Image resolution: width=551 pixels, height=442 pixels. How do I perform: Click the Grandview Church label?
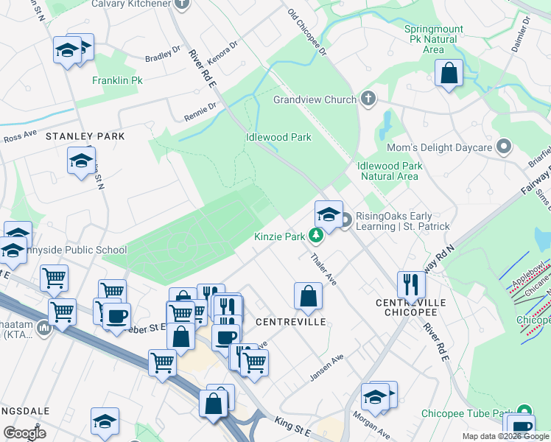[x=315, y=99]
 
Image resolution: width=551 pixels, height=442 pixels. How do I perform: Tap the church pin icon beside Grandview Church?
[x=368, y=99]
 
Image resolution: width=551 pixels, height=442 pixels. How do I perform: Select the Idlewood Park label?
[x=278, y=137]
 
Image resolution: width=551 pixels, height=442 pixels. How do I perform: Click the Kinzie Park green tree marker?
[x=316, y=236]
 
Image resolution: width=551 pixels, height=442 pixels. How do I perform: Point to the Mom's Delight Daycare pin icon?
[x=505, y=147]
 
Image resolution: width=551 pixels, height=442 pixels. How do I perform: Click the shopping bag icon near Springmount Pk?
[x=448, y=73]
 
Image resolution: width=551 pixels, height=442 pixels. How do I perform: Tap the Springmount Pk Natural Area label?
[x=434, y=39]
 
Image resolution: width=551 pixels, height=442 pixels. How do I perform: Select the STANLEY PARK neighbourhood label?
[x=85, y=137]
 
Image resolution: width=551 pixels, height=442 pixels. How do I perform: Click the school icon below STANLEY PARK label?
[x=81, y=161]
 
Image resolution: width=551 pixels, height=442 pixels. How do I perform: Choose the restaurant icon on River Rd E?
[x=411, y=284]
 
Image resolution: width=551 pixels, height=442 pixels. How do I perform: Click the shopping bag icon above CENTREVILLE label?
[x=308, y=296]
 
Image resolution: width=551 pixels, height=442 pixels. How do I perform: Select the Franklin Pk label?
[x=116, y=80]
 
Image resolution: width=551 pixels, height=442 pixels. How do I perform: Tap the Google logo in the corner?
[x=24, y=433]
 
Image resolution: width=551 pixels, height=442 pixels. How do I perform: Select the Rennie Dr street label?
[x=200, y=110]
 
